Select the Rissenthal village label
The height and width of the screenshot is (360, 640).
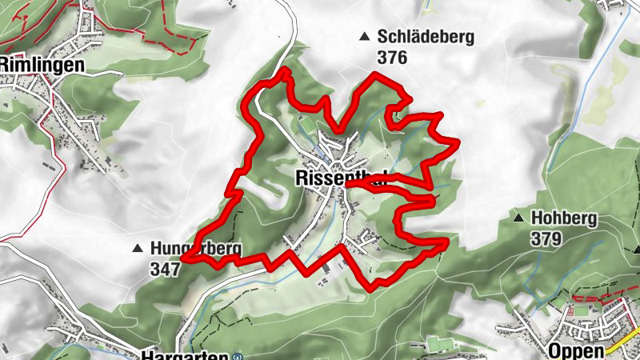coord(340,178)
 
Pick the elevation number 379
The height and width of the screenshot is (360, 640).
coord(546,238)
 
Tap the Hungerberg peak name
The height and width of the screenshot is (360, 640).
coord(195,248)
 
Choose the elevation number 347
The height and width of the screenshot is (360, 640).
coord(166,269)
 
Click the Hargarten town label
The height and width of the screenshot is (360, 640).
coord(183,355)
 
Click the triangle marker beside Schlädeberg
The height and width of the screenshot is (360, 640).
coord(365,36)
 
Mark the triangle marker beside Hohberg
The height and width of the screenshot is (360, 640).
coord(519,218)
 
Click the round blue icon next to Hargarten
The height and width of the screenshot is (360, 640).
coord(237,357)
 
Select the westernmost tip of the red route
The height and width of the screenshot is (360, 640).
coord(184,258)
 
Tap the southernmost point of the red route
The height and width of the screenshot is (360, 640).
coord(370,287)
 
